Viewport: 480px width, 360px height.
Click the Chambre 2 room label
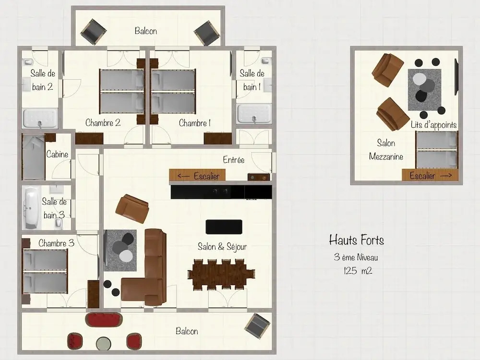[103, 123]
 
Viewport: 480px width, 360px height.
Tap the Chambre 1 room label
[195, 123]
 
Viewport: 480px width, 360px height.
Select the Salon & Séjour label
[222, 246]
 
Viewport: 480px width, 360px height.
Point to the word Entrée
[234, 160]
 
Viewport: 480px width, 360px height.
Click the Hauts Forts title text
[356, 240]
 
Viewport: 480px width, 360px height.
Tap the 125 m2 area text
[358, 271]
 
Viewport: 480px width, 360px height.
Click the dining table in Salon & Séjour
[221, 275]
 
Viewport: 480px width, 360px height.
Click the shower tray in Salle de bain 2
[40, 118]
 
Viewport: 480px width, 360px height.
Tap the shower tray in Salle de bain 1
[254, 114]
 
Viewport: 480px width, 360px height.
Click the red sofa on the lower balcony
[104, 320]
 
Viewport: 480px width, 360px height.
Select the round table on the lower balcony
[104, 344]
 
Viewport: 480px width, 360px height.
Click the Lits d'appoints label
[433, 125]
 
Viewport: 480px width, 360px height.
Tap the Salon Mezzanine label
[386, 150]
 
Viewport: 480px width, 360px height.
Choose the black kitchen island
[224, 227]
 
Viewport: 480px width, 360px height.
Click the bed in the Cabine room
[34, 157]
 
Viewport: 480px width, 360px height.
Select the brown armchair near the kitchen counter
[132, 208]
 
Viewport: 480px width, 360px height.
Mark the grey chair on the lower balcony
[257, 326]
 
